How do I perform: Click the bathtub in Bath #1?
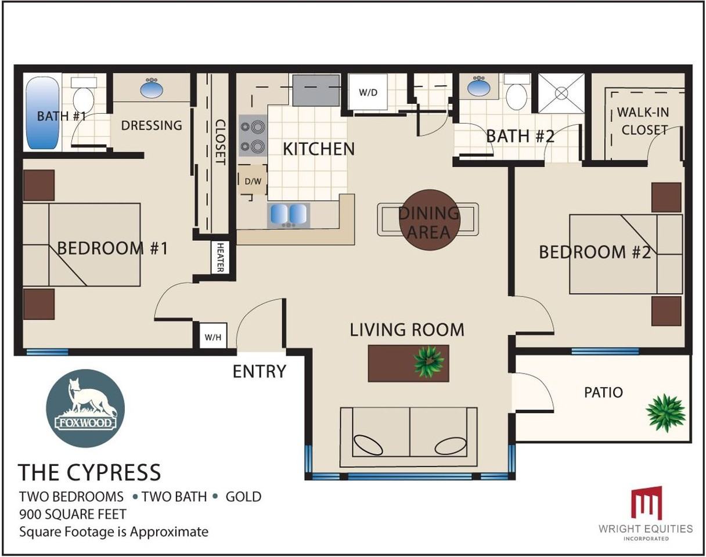pos(42,113)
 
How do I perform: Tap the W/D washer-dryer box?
pos(368,92)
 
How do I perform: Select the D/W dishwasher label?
pos(253,181)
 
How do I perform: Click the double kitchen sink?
pos(289,215)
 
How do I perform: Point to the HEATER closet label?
pos(220,258)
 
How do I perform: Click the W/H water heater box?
pos(213,336)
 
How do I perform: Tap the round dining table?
pos(430,220)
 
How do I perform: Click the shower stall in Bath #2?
pos(561,93)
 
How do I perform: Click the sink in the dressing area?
pos(152,87)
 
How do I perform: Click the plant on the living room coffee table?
pos(429,361)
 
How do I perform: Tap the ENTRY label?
pos(260,371)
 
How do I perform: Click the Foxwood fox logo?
pos(85,408)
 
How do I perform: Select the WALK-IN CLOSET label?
pos(643,121)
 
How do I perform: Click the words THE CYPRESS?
pos(89,472)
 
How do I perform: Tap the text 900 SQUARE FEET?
pos(73,515)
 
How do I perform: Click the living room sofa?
pos(409,437)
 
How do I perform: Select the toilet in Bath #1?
pos(84,95)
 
